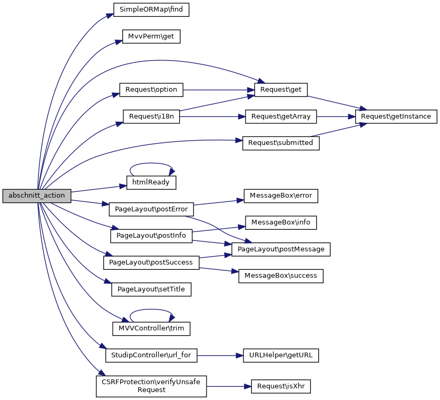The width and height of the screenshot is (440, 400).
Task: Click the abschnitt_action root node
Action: coord(36,196)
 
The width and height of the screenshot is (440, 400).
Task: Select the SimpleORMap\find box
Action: coord(151,9)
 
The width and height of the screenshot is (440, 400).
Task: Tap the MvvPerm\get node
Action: coord(151,36)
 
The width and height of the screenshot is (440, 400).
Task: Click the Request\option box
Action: coord(151,90)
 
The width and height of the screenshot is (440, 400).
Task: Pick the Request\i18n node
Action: coord(151,116)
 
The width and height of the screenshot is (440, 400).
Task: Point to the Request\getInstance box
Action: coord(396,116)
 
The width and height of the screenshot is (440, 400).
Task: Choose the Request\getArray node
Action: coord(281,116)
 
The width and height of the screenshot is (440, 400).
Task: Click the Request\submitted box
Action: coord(281,143)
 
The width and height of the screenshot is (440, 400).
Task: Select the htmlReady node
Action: coord(151,182)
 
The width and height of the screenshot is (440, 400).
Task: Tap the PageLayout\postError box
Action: coord(151,209)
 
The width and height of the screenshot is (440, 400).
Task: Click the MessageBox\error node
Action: coord(281,196)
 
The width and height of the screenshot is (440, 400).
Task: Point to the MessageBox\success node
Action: coord(281,276)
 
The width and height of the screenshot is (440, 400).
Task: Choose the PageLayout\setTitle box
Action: coord(151,289)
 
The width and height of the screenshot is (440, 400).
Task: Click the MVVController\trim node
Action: coord(151,329)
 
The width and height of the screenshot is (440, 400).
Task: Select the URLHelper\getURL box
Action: coord(281,356)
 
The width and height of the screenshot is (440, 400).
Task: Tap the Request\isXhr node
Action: coord(281,386)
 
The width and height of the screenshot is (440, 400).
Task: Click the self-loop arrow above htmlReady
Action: coord(151,163)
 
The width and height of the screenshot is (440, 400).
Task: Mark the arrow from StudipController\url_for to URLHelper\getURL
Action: coord(219,356)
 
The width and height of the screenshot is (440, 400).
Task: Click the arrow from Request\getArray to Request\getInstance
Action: coord(336,116)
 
